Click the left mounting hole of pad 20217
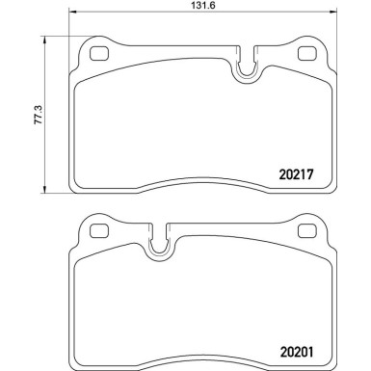(x=97, y=56)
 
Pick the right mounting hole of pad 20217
(x=307, y=56)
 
